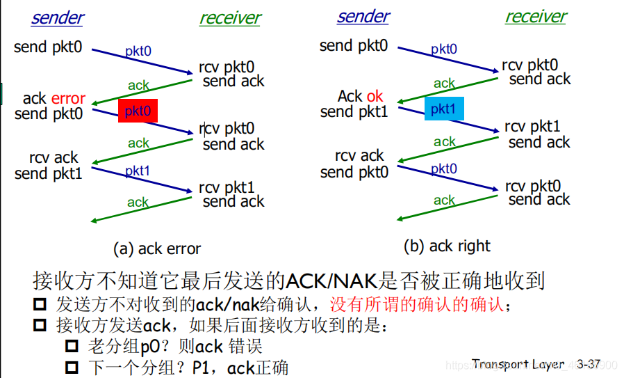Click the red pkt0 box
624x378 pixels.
(x=138, y=111)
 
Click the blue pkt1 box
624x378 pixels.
(x=444, y=109)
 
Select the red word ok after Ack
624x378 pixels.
(x=375, y=96)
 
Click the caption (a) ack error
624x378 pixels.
(x=157, y=249)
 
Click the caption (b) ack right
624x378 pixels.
(x=447, y=246)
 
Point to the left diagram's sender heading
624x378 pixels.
(x=58, y=18)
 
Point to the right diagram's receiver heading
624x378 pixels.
(x=536, y=17)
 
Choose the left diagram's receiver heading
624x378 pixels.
(x=230, y=18)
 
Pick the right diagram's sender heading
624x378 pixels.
(x=363, y=17)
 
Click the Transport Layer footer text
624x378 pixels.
(x=518, y=363)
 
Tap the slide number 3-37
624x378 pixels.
(x=589, y=363)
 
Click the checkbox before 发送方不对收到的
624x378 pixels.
(x=40, y=304)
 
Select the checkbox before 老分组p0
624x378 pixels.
(x=72, y=346)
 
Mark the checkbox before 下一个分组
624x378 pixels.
(x=72, y=368)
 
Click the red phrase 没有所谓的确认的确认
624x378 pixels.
(x=417, y=305)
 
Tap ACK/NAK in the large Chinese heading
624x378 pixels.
(x=331, y=281)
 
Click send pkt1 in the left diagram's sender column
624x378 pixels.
(x=48, y=173)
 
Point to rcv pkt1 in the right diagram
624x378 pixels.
(x=532, y=127)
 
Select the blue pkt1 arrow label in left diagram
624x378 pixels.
(x=138, y=171)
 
